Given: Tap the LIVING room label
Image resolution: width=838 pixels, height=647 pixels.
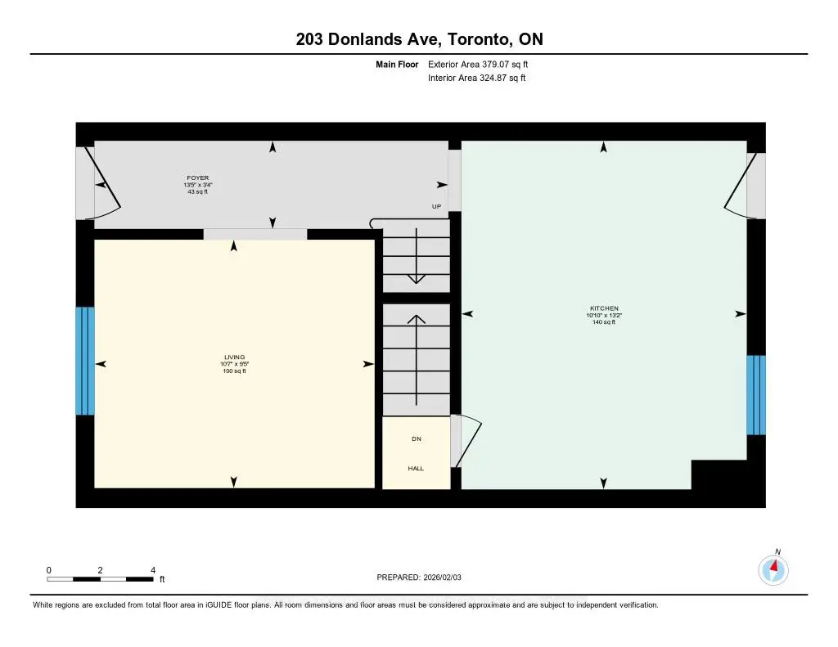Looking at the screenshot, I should tap(235, 357).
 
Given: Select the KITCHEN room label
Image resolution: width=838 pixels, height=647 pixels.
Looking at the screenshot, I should tap(603, 308).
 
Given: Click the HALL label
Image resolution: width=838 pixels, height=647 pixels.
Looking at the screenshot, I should tap(416, 469).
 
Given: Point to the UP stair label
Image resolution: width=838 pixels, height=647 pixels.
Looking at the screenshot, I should tap(437, 207).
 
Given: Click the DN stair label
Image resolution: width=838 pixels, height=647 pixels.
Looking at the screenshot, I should tap(416, 439).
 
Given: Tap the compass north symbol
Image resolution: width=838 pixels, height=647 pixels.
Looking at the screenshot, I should tap(773, 568).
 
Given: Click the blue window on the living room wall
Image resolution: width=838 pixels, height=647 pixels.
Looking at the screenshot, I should tap(85, 361).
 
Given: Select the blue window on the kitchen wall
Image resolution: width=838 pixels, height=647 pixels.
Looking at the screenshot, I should tap(756, 395).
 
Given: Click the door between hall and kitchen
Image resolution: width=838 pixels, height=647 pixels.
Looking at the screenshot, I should tap(465, 442).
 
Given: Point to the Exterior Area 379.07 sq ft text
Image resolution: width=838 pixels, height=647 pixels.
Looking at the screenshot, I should tap(484, 64).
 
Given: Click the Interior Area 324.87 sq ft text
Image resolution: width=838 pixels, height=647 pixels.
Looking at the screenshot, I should tap(477, 79).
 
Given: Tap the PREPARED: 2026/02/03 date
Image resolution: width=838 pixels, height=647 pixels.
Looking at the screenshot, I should tap(424, 577).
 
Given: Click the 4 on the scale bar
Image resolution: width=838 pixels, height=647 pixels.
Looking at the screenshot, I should tap(153, 570).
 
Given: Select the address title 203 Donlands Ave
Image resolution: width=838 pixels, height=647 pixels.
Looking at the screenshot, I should tap(418, 38).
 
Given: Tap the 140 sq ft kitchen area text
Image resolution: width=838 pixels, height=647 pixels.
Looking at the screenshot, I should tap(603, 323).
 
